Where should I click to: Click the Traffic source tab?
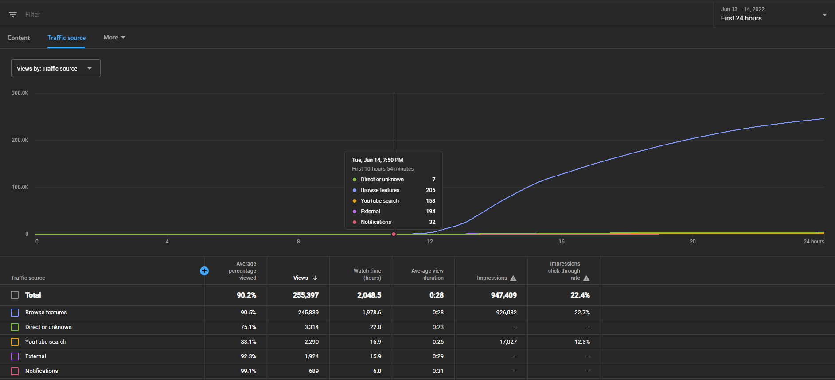pos(66,38)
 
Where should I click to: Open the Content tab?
pos(19,38)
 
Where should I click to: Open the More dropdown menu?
pos(114,38)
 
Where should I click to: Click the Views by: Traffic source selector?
pos(56,68)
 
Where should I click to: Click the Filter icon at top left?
pos(13,15)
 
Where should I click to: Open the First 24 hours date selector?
pos(774,14)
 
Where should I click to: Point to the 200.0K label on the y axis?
pos(20,140)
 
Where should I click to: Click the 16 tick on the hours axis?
pos(562,242)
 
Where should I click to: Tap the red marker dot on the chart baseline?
pos(394,234)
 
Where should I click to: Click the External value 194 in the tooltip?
pos(431,212)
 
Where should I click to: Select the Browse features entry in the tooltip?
pos(380,190)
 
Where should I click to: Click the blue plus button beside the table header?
pos(204,271)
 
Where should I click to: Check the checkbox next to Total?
pos(15,295)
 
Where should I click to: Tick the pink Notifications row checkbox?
pos(15,371)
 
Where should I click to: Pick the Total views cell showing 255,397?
pos(305,295)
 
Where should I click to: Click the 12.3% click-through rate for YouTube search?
pos(582,342)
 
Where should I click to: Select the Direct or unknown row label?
pos(48,327)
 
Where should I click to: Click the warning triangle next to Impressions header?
pos(513,278)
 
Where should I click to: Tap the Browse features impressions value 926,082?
pos(507,313)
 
